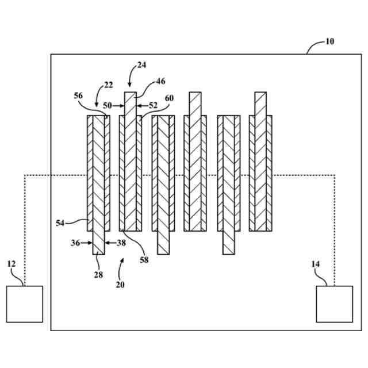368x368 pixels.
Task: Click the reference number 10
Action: point(329,41)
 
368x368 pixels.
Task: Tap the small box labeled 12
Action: point(24,304)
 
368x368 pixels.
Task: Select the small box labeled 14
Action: point(335,304)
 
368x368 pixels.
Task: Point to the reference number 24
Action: point(142,66)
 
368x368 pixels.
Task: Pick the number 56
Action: point(79,96)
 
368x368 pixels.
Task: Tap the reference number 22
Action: point(108,85)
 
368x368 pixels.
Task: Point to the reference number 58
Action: point(144,260)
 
